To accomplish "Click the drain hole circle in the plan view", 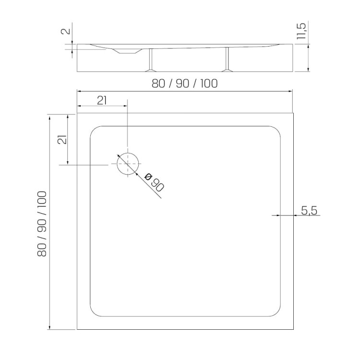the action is pos(117,164).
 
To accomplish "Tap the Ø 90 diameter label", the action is pos(154,182).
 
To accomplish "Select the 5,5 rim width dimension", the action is pos(309,211).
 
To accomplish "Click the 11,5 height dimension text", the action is pos(301,31).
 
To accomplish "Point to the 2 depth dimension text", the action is pos(65,31).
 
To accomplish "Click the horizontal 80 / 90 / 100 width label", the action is pos(185,84).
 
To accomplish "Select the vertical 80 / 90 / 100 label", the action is pos(42,224).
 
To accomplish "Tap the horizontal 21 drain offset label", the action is pos(102,101).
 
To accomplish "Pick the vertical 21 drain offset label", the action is pos(62,139).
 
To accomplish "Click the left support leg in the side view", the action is pos(151,60).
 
